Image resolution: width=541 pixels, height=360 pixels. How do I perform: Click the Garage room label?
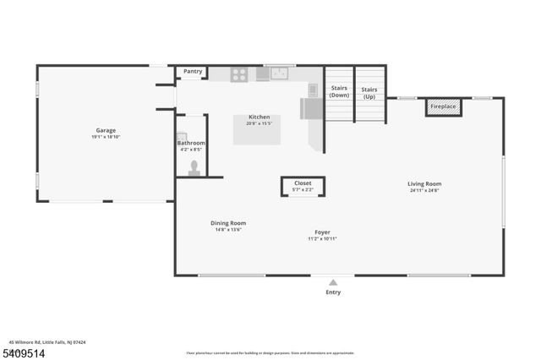[106, 130]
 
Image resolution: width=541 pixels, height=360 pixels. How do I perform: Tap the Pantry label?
[193, 72]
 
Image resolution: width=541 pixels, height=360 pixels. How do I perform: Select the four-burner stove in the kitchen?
[239, 74]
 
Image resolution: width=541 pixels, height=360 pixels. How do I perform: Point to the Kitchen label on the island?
[259, 117]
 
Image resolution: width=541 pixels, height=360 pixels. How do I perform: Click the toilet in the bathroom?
[194, 166]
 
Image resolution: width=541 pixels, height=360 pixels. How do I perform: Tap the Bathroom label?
[191, 144]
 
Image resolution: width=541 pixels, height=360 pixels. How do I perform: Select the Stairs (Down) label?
[339, 91]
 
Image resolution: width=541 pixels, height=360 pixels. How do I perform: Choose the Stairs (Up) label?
[369, 91]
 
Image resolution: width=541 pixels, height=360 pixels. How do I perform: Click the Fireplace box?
[442, 107]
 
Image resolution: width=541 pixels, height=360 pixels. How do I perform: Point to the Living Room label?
[424, 183]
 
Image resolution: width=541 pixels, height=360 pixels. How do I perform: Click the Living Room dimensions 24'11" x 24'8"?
[424, 190]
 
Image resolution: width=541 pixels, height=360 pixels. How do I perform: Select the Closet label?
[303, 183]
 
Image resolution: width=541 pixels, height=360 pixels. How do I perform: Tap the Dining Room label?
[228, 223]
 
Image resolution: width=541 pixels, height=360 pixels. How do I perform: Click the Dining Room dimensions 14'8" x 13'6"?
[228, 230]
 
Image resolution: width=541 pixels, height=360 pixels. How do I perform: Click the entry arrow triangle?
[334, 283]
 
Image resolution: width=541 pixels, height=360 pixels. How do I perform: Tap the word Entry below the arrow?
[334, 293]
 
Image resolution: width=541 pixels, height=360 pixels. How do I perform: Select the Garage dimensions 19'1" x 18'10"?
[106, 137]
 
